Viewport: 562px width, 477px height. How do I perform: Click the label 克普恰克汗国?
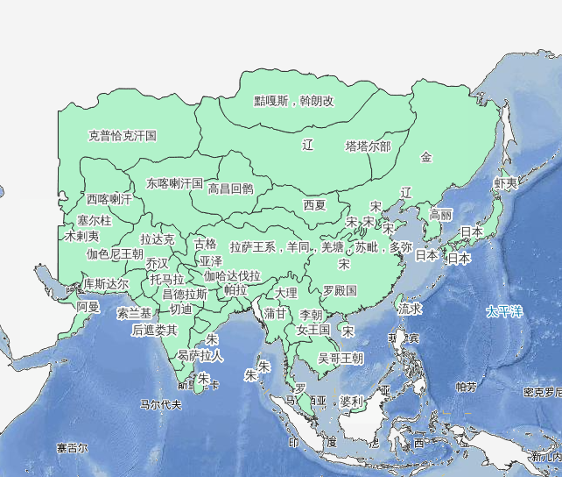coord(123,136)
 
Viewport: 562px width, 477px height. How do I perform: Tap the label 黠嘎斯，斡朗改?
coord(294,101)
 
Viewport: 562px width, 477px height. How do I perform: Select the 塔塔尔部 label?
coord(368,146)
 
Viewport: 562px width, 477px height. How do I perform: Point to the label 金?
coord(426,157)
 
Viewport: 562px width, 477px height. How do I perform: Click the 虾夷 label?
coord(505,183)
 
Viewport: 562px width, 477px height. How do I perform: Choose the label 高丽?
coord(440,214)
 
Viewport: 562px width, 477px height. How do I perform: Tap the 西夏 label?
coord(314,205)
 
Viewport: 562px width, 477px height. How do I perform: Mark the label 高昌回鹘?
coord(230,188)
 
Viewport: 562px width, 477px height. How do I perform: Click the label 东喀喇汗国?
coord(174,184)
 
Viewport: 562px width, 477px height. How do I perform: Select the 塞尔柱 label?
coord(94,220)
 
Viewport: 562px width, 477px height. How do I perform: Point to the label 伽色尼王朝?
coord(115,253)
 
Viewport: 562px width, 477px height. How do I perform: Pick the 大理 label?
coord(286,292)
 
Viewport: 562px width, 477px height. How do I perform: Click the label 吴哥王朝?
coord(341,358)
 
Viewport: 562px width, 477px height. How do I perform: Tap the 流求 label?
coord(410,309)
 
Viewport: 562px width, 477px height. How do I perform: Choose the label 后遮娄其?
coord(154,330)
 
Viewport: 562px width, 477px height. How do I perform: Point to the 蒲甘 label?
coord(275,312)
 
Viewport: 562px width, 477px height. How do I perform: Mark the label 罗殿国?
coord(340,289)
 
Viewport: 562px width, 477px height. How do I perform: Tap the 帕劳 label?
coord(466,387)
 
